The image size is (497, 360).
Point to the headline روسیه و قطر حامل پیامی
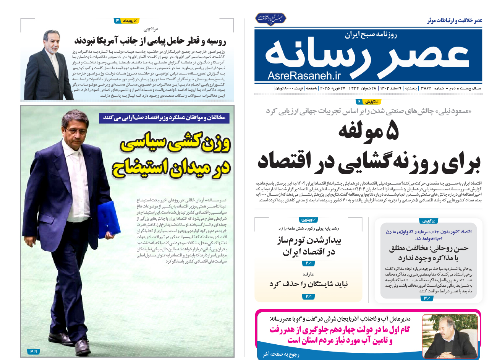[x=150, y=41]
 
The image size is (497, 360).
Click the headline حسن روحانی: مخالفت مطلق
[x=429, y=253]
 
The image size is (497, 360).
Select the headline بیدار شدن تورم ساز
[x=309, y=246]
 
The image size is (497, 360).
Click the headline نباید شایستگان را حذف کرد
[x=308, y=284]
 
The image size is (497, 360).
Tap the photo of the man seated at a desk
[x=450, y=336]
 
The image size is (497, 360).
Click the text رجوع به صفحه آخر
[x=281, y=354]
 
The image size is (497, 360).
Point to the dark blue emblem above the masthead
[x=271, y=18]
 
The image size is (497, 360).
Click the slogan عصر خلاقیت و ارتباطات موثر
[x=455, y=20]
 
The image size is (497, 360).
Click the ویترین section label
[x=309, y=220]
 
